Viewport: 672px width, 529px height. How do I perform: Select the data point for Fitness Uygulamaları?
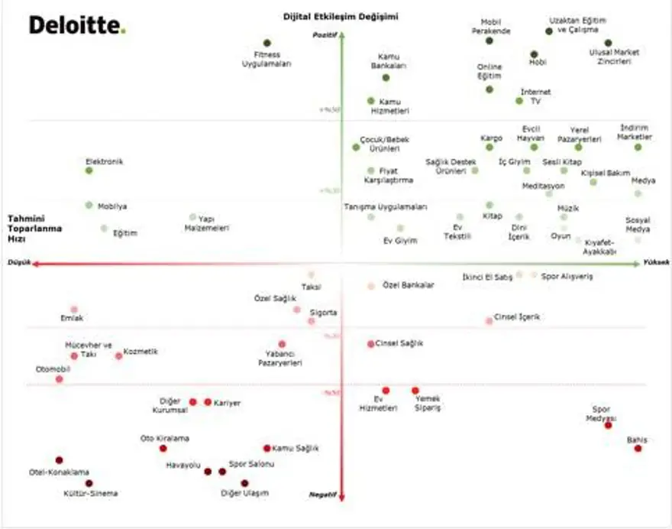coord(267,44)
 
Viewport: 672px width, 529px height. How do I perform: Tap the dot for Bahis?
coord(638,449)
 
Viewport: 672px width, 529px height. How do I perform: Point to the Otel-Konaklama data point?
coord(60,460)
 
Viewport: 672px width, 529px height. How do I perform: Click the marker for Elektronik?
coord(89,170)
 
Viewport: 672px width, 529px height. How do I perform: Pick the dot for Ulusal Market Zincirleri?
coord(609,43)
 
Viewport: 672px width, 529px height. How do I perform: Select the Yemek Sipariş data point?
coord(415,390)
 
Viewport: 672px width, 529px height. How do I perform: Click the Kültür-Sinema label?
coord(91,493)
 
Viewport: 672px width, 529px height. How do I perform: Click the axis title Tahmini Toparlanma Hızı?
coord(35,228)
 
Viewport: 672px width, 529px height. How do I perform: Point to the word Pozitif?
coord(325,34)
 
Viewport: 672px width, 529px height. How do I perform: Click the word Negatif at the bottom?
coord(322,494)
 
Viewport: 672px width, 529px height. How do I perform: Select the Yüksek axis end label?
coord(657,261)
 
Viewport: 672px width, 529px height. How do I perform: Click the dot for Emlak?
coord(74,310)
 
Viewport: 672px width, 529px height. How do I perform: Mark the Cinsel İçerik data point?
coord(489,321)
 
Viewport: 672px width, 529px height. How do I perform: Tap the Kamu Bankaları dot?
coord(386,77)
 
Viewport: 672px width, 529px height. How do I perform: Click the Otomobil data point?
coord(60,379)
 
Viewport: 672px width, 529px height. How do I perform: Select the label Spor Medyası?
coord(601,413)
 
